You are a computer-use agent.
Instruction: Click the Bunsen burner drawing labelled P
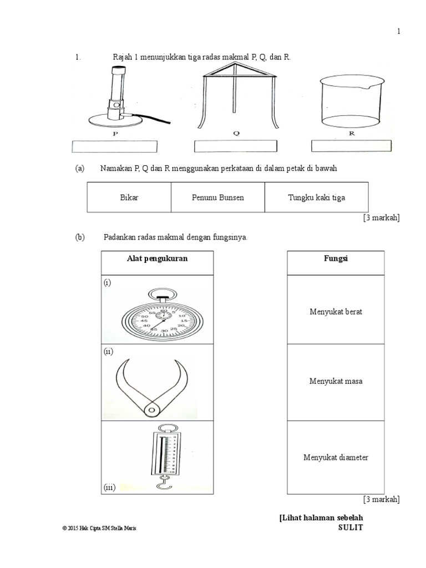(x=116, y=97)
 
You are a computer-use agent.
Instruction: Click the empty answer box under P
(x=115, y=146)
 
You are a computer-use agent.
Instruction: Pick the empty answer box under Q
(x=235, y=146)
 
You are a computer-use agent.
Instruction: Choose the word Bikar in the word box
(x=129, y=197)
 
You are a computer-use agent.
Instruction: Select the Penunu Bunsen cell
(x=218, y=197)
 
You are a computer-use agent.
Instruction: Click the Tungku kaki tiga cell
(x=316, y=197)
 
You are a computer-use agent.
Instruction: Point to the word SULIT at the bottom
(x=351, y=528)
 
